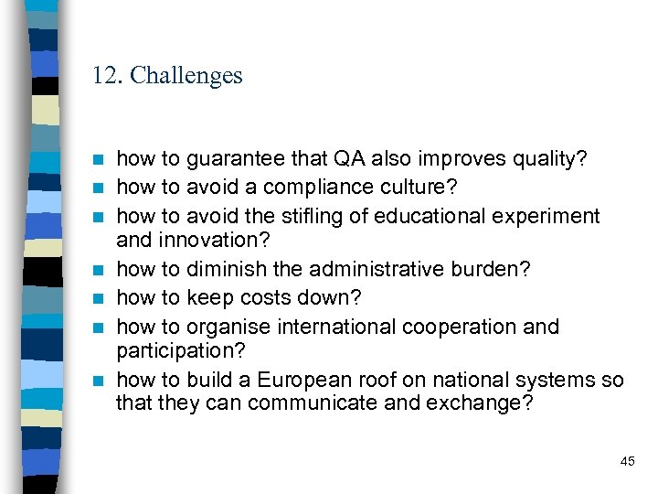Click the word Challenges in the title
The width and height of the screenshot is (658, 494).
pos(186,75)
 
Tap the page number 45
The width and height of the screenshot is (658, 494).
pos(627,461)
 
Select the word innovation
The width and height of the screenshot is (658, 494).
pos(210,240)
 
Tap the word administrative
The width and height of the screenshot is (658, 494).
pos(376,269)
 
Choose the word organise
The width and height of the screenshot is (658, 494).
pos(230,327)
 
